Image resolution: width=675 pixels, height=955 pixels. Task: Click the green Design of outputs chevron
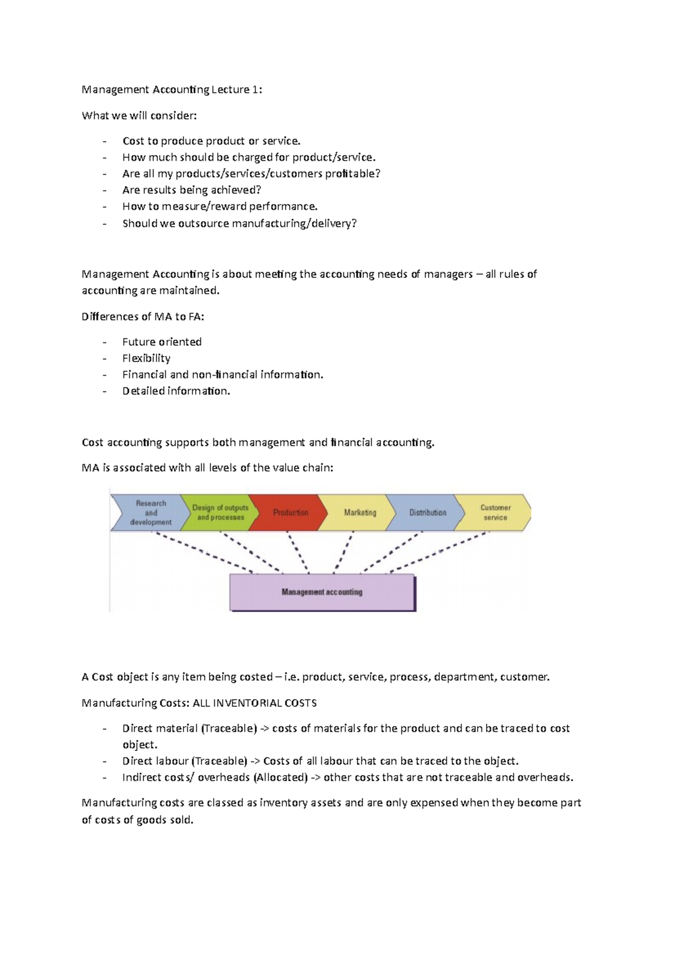tap(220, 512)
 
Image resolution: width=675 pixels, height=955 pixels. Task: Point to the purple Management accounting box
tap(322, 592)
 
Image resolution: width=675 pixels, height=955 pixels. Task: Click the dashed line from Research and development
tap(202, 553)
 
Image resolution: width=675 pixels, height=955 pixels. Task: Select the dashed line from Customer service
tap(439, 553)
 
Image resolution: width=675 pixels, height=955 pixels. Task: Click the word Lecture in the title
tap(230, 89)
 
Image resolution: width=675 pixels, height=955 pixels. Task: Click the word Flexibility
tap(146, 358)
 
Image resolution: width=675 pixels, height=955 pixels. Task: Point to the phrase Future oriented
tap(162, 342)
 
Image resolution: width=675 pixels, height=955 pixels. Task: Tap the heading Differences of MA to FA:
tap(143, 317)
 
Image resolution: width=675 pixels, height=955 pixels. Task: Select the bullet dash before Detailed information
tap(104, 391)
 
